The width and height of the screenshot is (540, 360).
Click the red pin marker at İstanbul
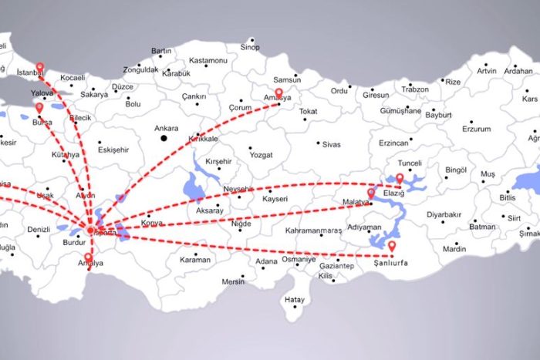click(40, 67)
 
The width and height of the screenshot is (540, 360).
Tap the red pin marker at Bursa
click(39, 107)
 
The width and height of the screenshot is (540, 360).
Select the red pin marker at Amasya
click(279, 93)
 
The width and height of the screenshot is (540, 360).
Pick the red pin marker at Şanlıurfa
click(392, 246)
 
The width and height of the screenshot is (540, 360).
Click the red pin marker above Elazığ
click(400, 178)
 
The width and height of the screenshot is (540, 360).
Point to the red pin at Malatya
click(371, 193)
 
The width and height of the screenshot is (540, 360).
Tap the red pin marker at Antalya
click(89, 257)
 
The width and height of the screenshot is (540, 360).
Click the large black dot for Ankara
click(164, 139)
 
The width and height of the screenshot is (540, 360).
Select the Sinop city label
click(250, 48)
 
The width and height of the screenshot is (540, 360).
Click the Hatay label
click(294, 299)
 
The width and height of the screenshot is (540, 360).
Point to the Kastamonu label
click(208, 60)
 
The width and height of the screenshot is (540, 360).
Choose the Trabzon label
click(414, 89)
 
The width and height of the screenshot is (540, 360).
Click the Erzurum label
click(476, 129)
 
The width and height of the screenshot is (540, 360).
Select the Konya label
click(152, 224)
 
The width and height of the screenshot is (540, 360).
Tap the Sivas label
click(331, 144)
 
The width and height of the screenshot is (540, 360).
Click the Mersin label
click(233, 281)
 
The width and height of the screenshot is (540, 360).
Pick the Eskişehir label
click(112, 150)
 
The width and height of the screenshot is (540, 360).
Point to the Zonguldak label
click(140, 69)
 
